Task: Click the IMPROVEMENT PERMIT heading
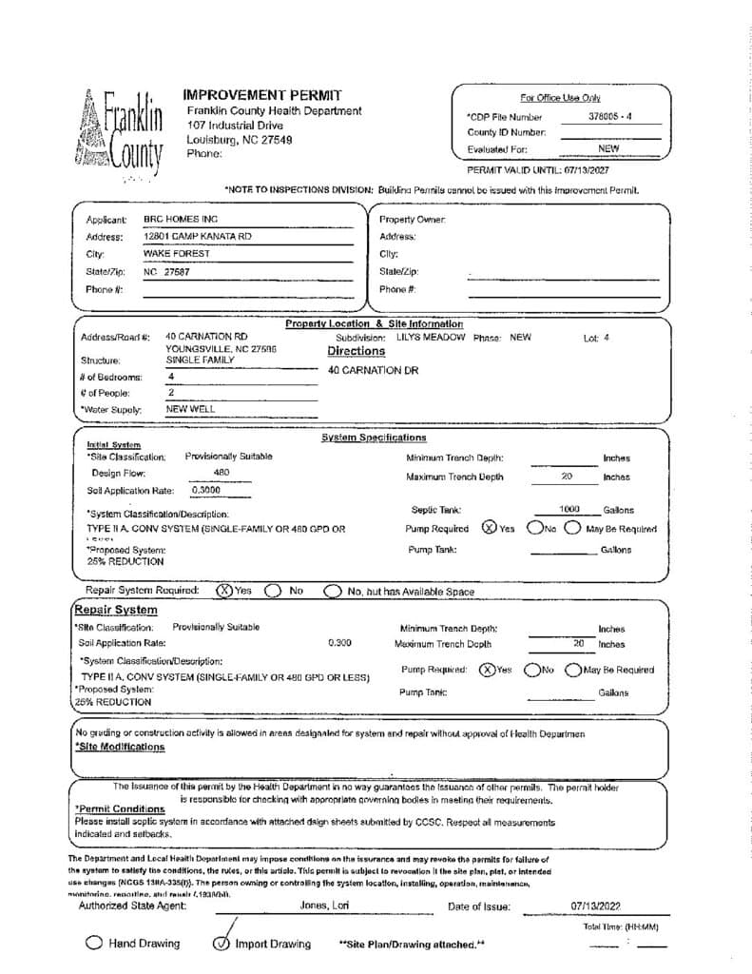tap(260, 95)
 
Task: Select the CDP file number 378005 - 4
tap(610, 117)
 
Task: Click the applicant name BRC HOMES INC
tap(181, 219)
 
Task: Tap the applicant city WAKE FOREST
tap(177, 254)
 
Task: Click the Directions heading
tap(356, 351)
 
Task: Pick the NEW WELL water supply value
tap(190, 409)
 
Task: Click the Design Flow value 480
tap(222, 472)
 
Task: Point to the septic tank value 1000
tap(569, 510)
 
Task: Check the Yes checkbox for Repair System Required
tap(225, 591)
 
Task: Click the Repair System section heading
tap(116, 610)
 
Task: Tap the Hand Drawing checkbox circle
tap(94, 944)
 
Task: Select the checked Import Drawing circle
tap(222, 944)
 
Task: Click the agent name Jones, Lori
tap(324, 906)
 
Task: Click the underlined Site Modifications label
tap(120, 747)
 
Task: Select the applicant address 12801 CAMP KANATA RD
tap(197, 236)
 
